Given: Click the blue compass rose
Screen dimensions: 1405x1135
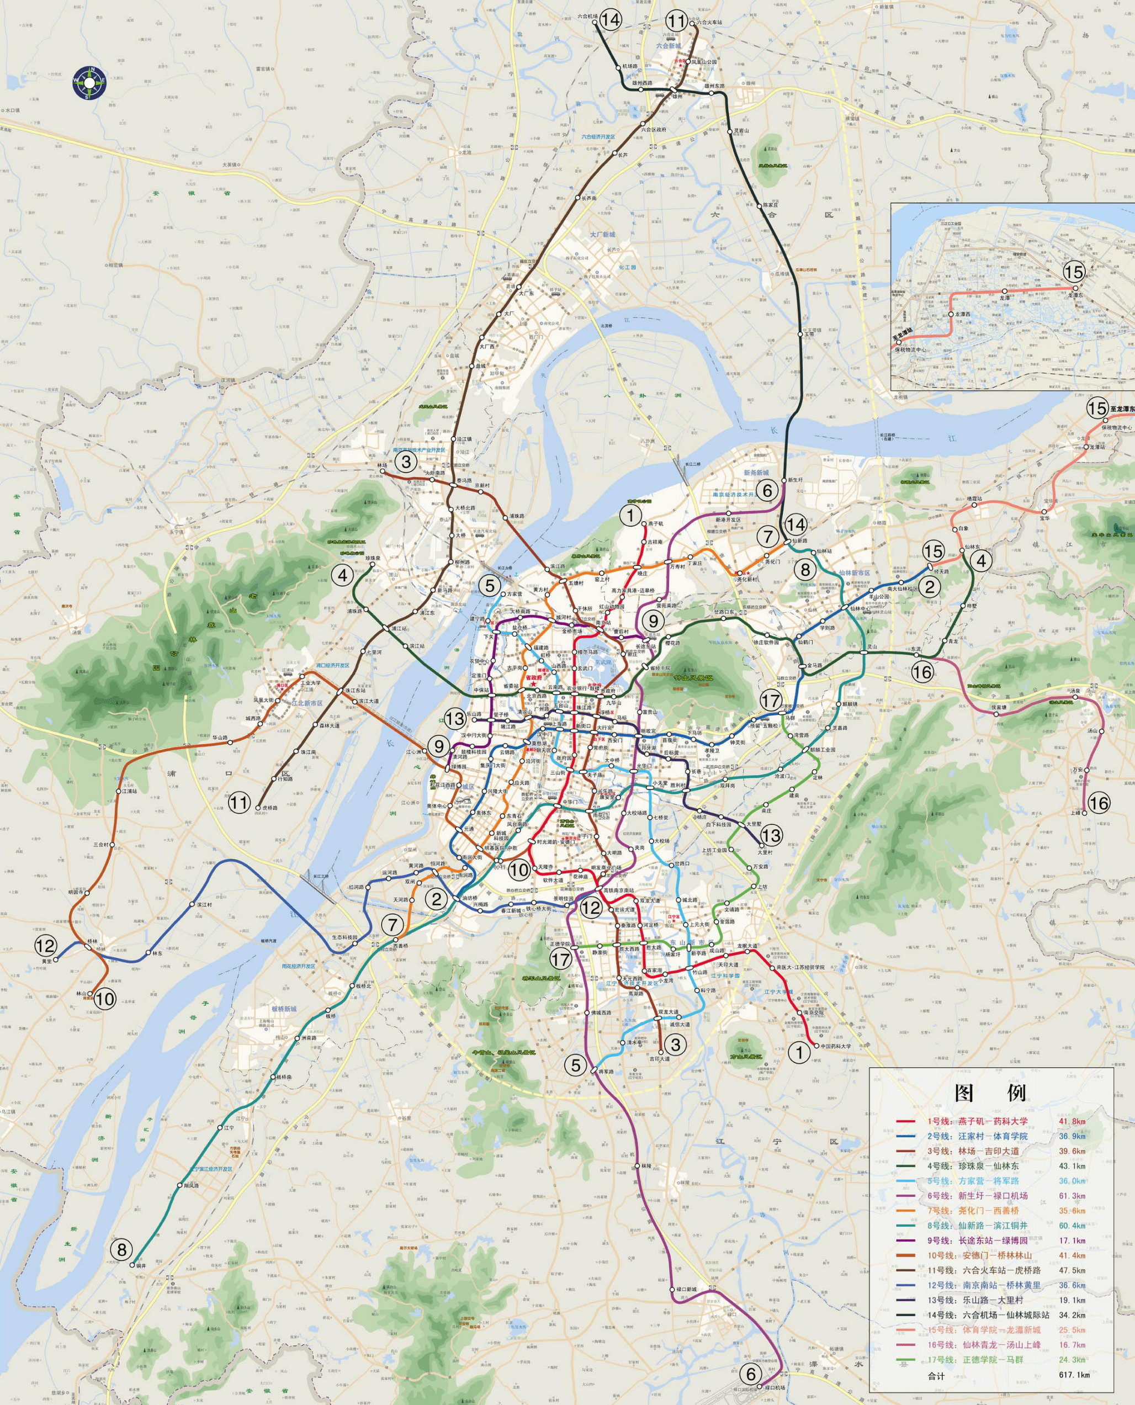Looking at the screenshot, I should tap(89, 83).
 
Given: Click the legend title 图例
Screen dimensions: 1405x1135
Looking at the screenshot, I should tap(990, 1093).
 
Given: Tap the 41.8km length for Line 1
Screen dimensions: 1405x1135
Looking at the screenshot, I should tap(1072, 1121).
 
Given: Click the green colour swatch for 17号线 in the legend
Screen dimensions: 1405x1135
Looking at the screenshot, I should tap(905, 1360).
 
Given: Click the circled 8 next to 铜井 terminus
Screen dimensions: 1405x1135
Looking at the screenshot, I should tap(121, 1249).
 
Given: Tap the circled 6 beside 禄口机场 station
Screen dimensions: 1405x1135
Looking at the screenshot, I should tap(751, 1373).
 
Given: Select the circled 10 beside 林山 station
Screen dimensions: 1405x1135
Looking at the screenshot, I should tap(104, 998).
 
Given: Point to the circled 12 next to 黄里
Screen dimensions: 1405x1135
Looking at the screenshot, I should tap(45, 945).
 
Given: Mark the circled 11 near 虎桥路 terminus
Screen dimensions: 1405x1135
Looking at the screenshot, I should tap(239, 802).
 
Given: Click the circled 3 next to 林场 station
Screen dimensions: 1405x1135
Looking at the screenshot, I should tap(406, 462).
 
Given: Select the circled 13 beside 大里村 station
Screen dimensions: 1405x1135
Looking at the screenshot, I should tap(771, 835).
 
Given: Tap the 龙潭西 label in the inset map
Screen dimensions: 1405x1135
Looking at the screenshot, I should tap(962, 315).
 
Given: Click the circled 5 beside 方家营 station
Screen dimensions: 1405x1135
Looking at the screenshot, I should tap(490, 586).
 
